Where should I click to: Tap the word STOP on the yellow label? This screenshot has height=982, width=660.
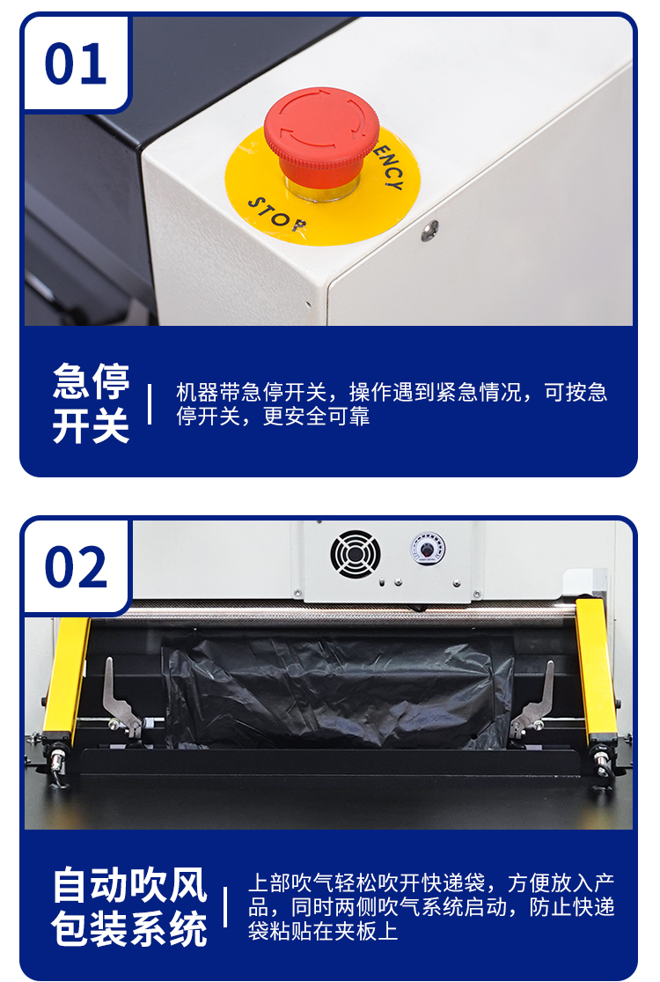tap(275, 215)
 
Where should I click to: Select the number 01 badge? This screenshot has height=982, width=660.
tap(76, 64)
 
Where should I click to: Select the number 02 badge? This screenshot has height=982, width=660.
tap(76, 566)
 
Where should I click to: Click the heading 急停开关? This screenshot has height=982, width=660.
tap(91, 404)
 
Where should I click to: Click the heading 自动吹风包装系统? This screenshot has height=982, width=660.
tap(130, 906)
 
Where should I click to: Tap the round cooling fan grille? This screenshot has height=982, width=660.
tap(356, 554)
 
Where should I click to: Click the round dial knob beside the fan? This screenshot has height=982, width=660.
tap(428, 550)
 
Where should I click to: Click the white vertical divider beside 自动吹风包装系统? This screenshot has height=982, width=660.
tap(225, 906)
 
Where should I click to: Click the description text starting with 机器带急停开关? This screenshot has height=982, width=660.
tap(391, 404)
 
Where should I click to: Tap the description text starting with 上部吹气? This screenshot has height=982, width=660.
tap(430, 906)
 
